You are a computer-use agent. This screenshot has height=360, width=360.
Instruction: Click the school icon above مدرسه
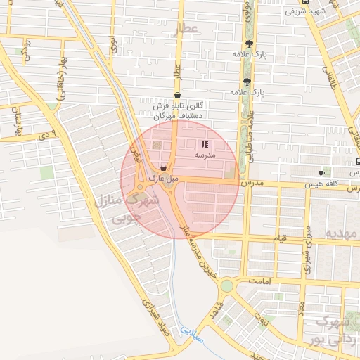205,143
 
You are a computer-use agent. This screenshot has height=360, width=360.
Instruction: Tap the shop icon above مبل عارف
164,168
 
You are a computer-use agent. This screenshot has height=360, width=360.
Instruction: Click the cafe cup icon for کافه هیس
321,173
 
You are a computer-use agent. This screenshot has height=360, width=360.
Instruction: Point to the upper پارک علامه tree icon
245,44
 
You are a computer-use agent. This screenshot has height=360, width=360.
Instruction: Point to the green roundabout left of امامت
226,285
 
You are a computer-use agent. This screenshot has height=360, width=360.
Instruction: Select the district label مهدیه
341,232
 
